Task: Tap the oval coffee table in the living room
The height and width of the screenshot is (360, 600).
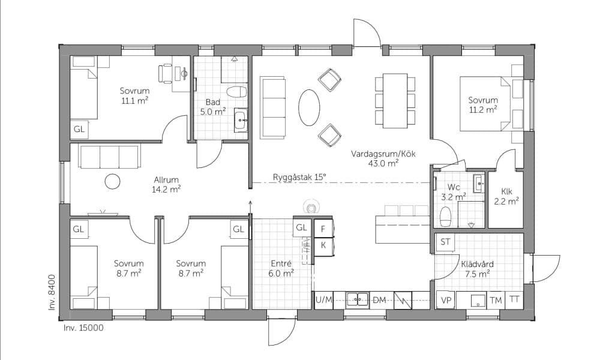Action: tap(309, 107)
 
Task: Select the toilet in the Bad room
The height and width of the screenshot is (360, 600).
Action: tap(236, 92)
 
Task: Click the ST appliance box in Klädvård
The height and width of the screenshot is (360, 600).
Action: tap(445, 242)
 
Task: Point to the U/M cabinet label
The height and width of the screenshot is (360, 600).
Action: tap(324, 299)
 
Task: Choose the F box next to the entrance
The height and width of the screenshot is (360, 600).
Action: tap(323, 229)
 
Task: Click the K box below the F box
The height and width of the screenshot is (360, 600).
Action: tap(323, 245)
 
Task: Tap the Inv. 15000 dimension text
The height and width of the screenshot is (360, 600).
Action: tap(83, 328)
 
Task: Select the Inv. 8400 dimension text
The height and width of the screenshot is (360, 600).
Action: tap(52, 292)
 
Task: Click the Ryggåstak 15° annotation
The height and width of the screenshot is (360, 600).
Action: tap(299, 178)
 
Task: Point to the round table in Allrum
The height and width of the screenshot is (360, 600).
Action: tap(113, 181)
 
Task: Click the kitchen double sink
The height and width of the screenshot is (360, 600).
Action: tap(358, 300)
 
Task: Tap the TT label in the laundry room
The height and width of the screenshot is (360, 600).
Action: tap(514, 299)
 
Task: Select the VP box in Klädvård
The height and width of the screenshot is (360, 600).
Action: tap(446, 300)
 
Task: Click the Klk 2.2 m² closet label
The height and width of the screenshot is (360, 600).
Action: tap(506, 197)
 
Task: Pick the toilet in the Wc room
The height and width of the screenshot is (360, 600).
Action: tap(446, 217)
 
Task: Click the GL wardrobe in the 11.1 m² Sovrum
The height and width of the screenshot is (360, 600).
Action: tap(79, 130)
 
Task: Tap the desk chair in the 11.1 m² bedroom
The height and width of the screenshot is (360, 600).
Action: tap(166, 73)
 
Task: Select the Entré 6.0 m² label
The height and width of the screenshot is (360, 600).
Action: tap(281, 268)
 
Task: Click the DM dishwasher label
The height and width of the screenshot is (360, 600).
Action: tap(379, 300)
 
